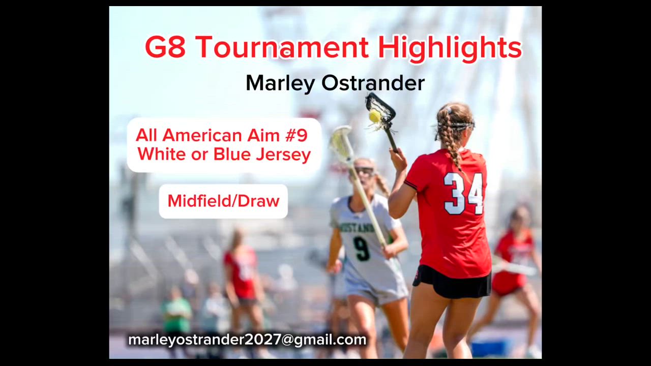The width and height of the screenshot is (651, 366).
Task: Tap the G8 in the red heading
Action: pyautogui.click(x=165, y=47)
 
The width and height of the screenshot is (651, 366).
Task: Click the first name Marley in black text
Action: pyautogui.click(x=280, y=84)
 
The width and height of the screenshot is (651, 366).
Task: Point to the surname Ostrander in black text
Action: pyautogui.click(x=373, y=83)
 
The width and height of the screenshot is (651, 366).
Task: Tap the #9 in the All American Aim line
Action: pyautogui.click(x=297, y=135)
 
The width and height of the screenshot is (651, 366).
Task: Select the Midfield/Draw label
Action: pyautogui.click(x=223, y=201)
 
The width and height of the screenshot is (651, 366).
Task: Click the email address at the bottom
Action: pyautogui.click(x=247, y=340)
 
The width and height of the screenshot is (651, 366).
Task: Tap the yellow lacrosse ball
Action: pyautogui.click(x=375, y=116)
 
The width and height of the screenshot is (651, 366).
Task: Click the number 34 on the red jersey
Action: pyautogui.click(x=463, y=194)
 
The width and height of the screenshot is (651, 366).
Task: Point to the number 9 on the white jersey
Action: pyautogui.click(x=361, y=249)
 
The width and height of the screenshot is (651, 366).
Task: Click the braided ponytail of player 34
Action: pyautogui.click(x=449, y=139)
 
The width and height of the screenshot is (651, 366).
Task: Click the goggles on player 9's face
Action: pyautogui.click(x=365, y=171)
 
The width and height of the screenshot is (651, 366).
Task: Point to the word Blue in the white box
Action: pyautogui.click(x=231, y=154)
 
